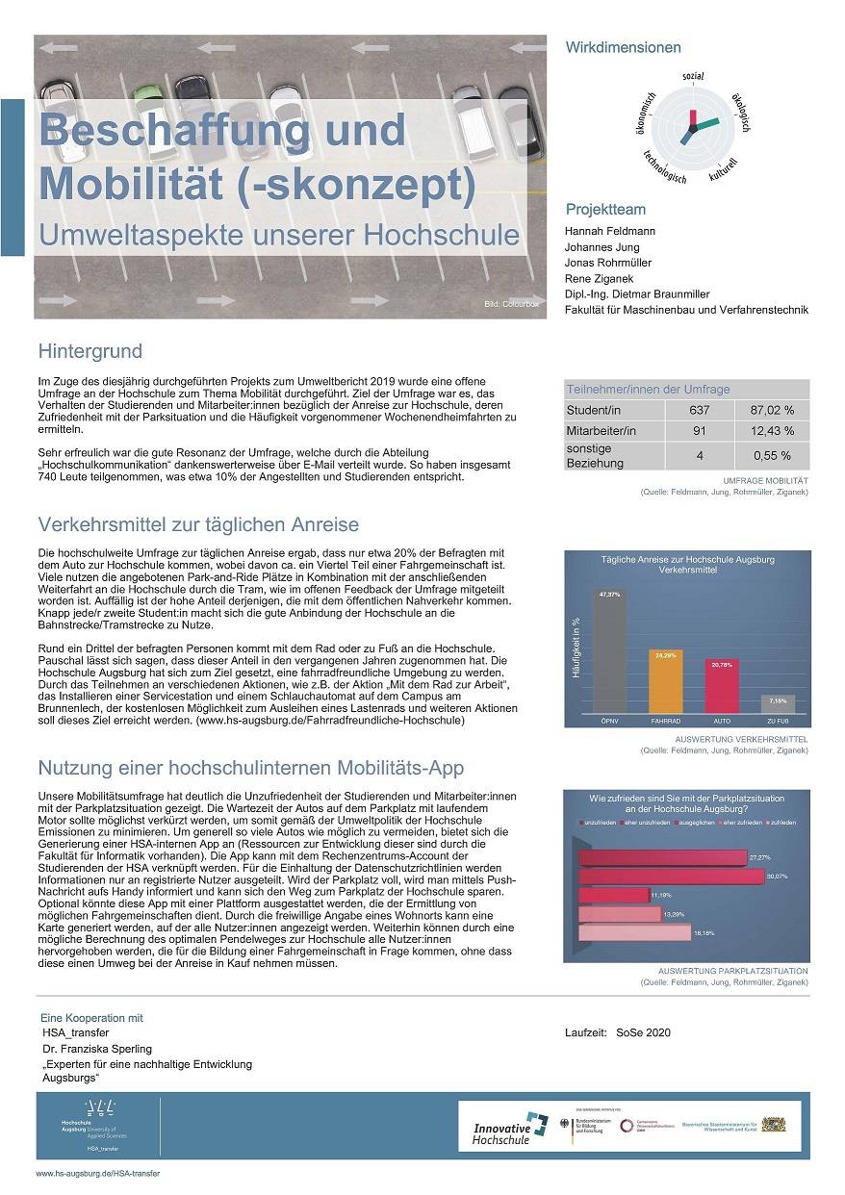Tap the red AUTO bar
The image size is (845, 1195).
pos(720,690)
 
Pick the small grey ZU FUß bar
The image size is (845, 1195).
pos(777,705)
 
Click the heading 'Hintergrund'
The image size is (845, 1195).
pos(90,350)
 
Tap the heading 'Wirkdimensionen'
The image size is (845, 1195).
pos(623,47)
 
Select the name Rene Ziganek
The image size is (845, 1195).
pos(600,278)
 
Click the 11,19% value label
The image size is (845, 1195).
pos(660,896)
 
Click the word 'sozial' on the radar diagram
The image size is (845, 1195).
pos(693,76)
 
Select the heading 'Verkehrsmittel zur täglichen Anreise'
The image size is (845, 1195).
pos(198,524)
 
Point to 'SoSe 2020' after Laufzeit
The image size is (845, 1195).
pos(645,1032)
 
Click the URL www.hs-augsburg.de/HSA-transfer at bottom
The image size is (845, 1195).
pos(97,1174)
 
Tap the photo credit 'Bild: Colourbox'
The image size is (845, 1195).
pos(513,305)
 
